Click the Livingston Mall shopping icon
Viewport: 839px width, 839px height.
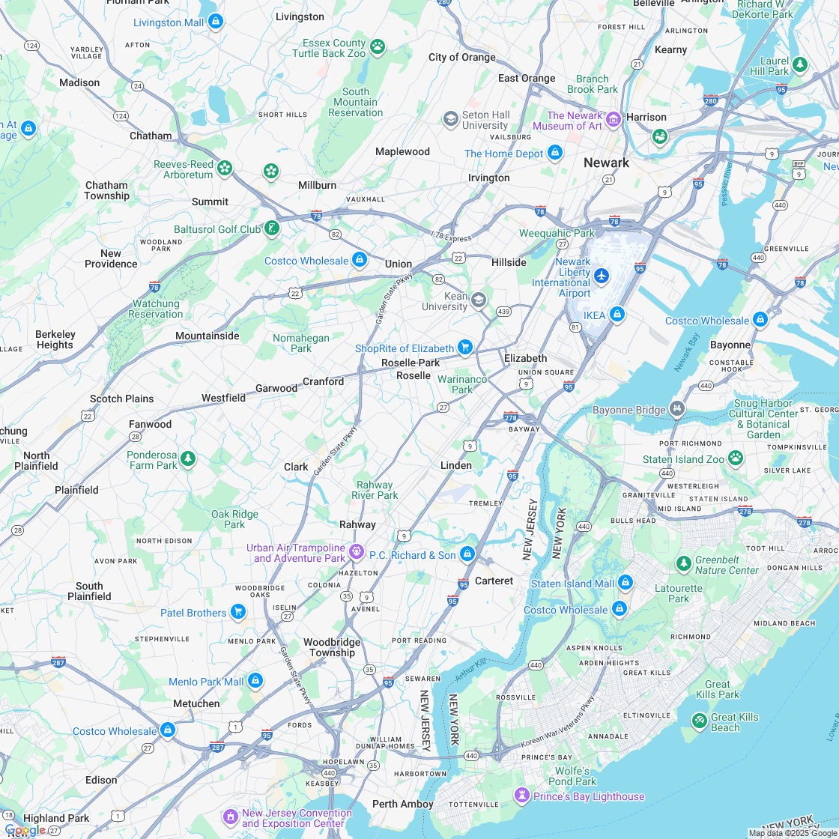click(x=216, y=22)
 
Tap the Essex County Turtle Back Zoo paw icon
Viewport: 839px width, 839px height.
click(x=378, y=47)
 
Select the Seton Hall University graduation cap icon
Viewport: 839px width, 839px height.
click(x=450, y=119)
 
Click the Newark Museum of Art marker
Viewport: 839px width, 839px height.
click(x=614, y=120)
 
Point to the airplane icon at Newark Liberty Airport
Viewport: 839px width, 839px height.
click(x=602, y=276)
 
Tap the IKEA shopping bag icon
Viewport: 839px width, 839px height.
click(x=617, y=315)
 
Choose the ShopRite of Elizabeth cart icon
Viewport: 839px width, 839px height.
click(x=465, y=348)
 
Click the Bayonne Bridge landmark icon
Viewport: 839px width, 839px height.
click(x=677, y=409)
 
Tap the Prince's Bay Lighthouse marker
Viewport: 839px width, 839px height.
click(x=521, y=795)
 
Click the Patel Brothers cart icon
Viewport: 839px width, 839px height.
click(x=238, y=612)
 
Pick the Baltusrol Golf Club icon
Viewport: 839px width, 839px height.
click(x=272, y=228)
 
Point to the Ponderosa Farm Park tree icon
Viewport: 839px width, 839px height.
click(x=188, y=458)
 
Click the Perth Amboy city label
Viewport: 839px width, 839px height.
click(x=403, y=804)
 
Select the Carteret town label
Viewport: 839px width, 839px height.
click(x=494, y=581)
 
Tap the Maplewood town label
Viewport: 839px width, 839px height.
click(x=402, y=151)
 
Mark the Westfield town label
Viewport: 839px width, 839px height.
click(x=223, y=398)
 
